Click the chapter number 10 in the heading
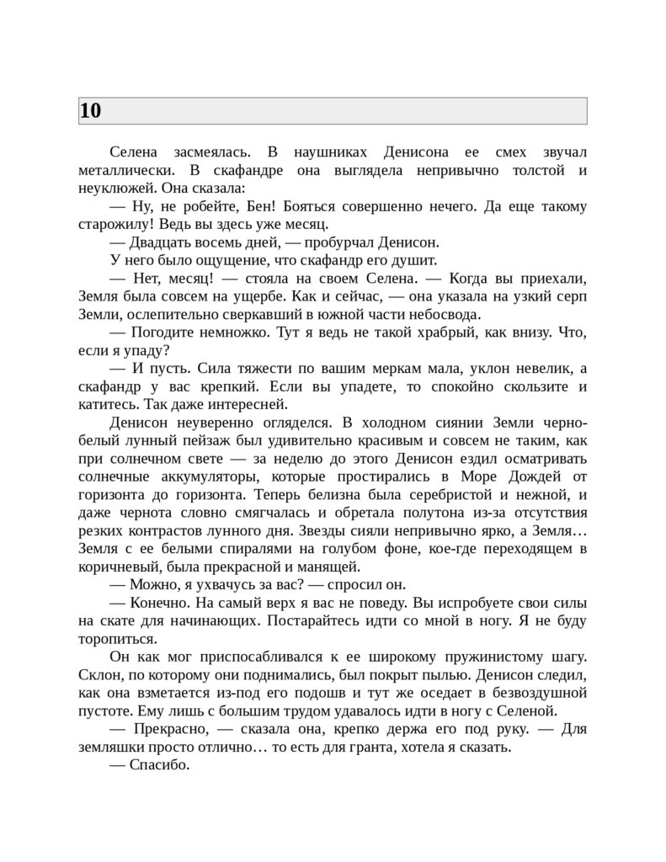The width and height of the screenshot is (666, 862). click(x=90, y=111)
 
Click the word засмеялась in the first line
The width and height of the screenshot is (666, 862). click(x=212, y=152)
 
